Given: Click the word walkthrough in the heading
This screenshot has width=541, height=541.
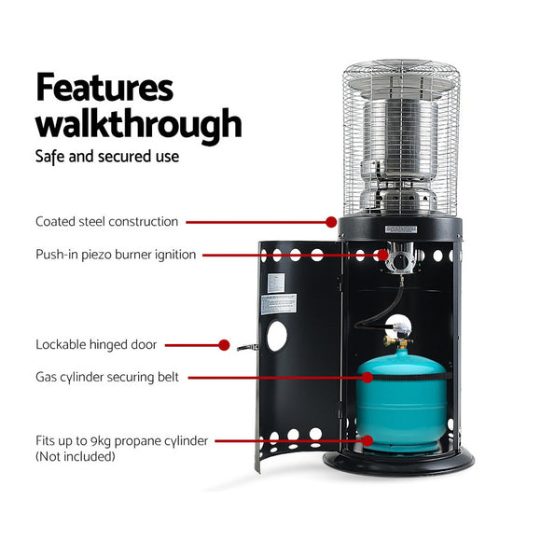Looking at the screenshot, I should coord(138,123).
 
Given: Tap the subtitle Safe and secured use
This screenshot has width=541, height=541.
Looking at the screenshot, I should coord(107,156).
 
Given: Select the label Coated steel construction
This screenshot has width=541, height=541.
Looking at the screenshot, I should coord(106,222).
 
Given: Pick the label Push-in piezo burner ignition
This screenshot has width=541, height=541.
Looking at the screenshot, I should coord(116,254).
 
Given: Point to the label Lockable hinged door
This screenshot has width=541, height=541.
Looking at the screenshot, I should coord(96,344).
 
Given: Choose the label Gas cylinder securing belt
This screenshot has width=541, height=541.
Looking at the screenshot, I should coord(107,377).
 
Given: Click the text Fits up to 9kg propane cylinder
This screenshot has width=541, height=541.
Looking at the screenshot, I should coord(121,440).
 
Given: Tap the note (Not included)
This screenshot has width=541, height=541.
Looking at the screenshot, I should coord(76,456).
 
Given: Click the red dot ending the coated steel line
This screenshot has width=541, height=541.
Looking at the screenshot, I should coord(331,222).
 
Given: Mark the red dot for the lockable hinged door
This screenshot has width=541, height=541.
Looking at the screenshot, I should coord(224,344).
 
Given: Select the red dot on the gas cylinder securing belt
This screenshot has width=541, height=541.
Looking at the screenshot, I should coord(368,377).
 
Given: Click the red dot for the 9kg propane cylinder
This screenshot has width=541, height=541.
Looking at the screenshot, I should coord(368,440).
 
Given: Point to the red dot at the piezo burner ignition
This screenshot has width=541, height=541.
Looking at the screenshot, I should coord(382,254).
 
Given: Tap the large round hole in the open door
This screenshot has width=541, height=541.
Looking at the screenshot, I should coord(277,336).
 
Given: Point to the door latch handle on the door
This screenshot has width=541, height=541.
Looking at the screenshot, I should coord(247,347).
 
